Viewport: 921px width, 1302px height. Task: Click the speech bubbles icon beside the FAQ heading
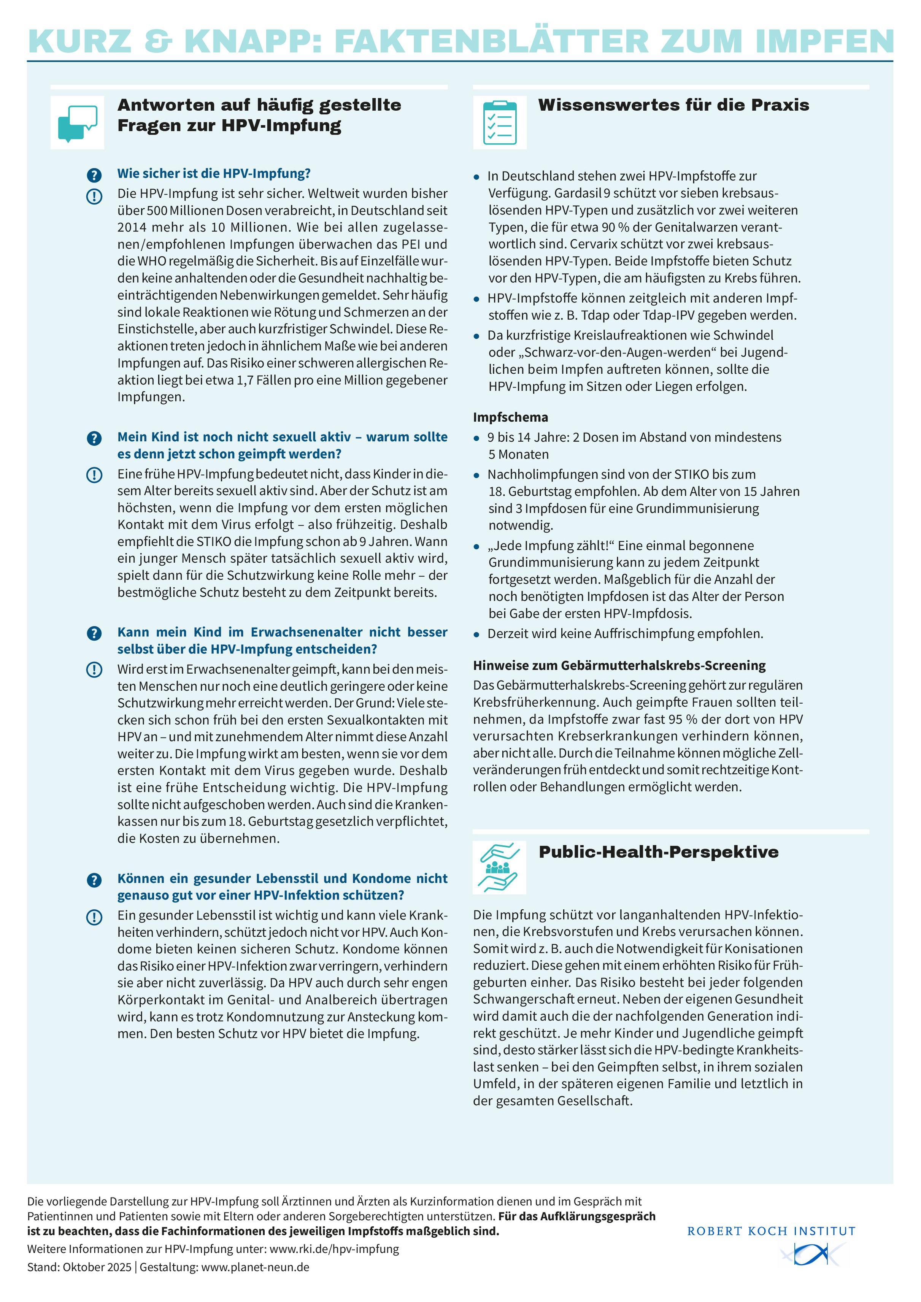tap(78, 122)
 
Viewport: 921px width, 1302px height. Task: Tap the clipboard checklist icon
tap(500, 122)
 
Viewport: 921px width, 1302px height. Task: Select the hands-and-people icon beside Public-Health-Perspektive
tap(499, 867)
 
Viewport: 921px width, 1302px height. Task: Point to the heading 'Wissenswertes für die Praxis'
tap(673, 105)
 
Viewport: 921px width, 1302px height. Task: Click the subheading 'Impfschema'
tap(510, 417)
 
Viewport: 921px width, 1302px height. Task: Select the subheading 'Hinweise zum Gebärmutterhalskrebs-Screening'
tap(619, 665)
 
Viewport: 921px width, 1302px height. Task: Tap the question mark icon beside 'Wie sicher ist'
tap(94, 174)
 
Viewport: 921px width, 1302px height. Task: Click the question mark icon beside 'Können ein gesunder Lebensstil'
tap(94, 880)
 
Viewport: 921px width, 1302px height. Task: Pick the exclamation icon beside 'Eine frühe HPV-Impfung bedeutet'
tap(94, 475)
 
